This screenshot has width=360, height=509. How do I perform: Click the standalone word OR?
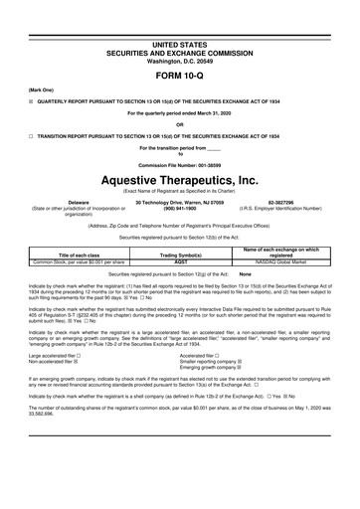tap(180, 124)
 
